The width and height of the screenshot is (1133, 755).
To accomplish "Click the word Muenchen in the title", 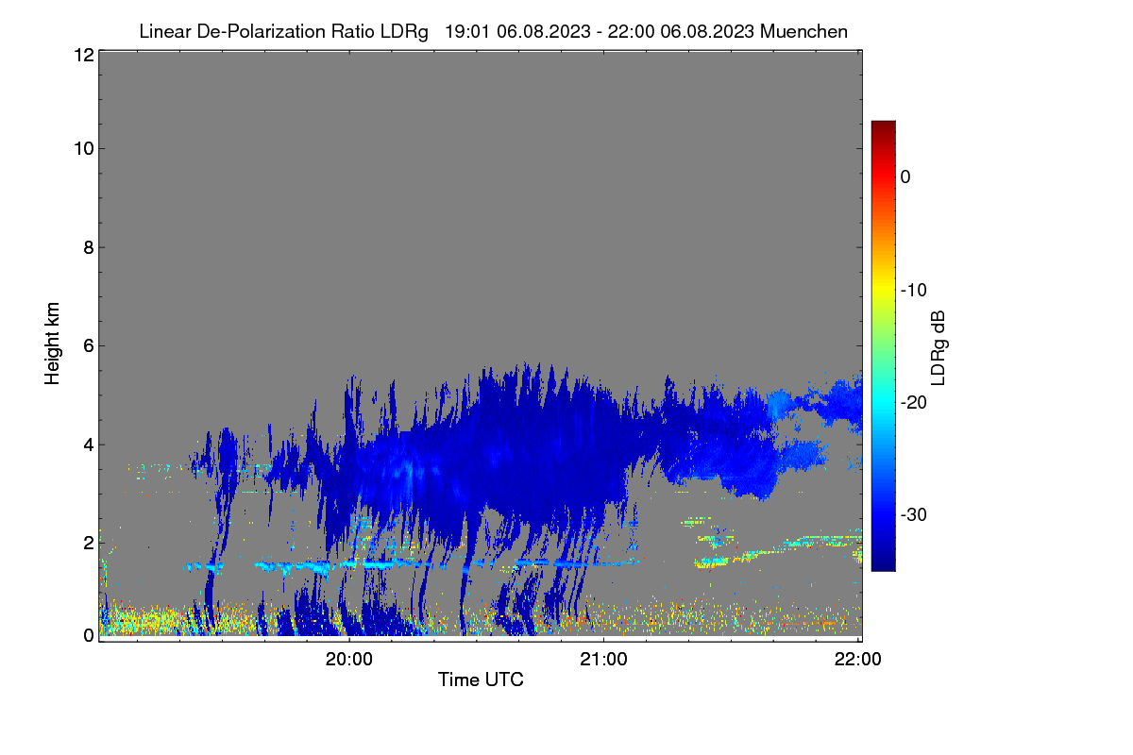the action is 803,31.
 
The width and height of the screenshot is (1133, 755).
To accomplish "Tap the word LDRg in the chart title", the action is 404,32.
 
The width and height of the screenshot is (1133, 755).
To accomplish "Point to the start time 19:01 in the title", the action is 467,31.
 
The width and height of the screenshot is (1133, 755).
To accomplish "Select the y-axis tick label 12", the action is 84,55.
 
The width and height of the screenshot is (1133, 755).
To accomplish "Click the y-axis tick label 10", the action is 84,149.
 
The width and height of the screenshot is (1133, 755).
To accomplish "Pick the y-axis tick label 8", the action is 89,247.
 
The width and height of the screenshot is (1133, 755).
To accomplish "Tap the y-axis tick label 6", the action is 89,346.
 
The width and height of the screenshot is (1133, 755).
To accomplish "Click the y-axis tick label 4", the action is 89,445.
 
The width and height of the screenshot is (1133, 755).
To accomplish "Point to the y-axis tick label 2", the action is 89,543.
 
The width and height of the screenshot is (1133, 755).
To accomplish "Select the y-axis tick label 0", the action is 89,636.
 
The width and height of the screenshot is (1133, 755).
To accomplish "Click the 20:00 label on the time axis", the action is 349,660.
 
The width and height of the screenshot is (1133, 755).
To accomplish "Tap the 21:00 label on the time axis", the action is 603,660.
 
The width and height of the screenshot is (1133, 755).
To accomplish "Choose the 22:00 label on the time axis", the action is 858,660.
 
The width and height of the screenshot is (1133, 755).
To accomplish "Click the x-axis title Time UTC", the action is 481,679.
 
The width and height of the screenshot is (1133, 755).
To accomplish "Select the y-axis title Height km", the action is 52,344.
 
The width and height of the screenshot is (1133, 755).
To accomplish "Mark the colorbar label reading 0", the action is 905,177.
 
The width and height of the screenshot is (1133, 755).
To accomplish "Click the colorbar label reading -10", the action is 914,291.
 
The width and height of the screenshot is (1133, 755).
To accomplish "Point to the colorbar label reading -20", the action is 914,403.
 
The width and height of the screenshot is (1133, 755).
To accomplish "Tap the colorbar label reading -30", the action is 914,514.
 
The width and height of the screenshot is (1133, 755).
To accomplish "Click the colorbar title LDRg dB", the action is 939,348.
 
